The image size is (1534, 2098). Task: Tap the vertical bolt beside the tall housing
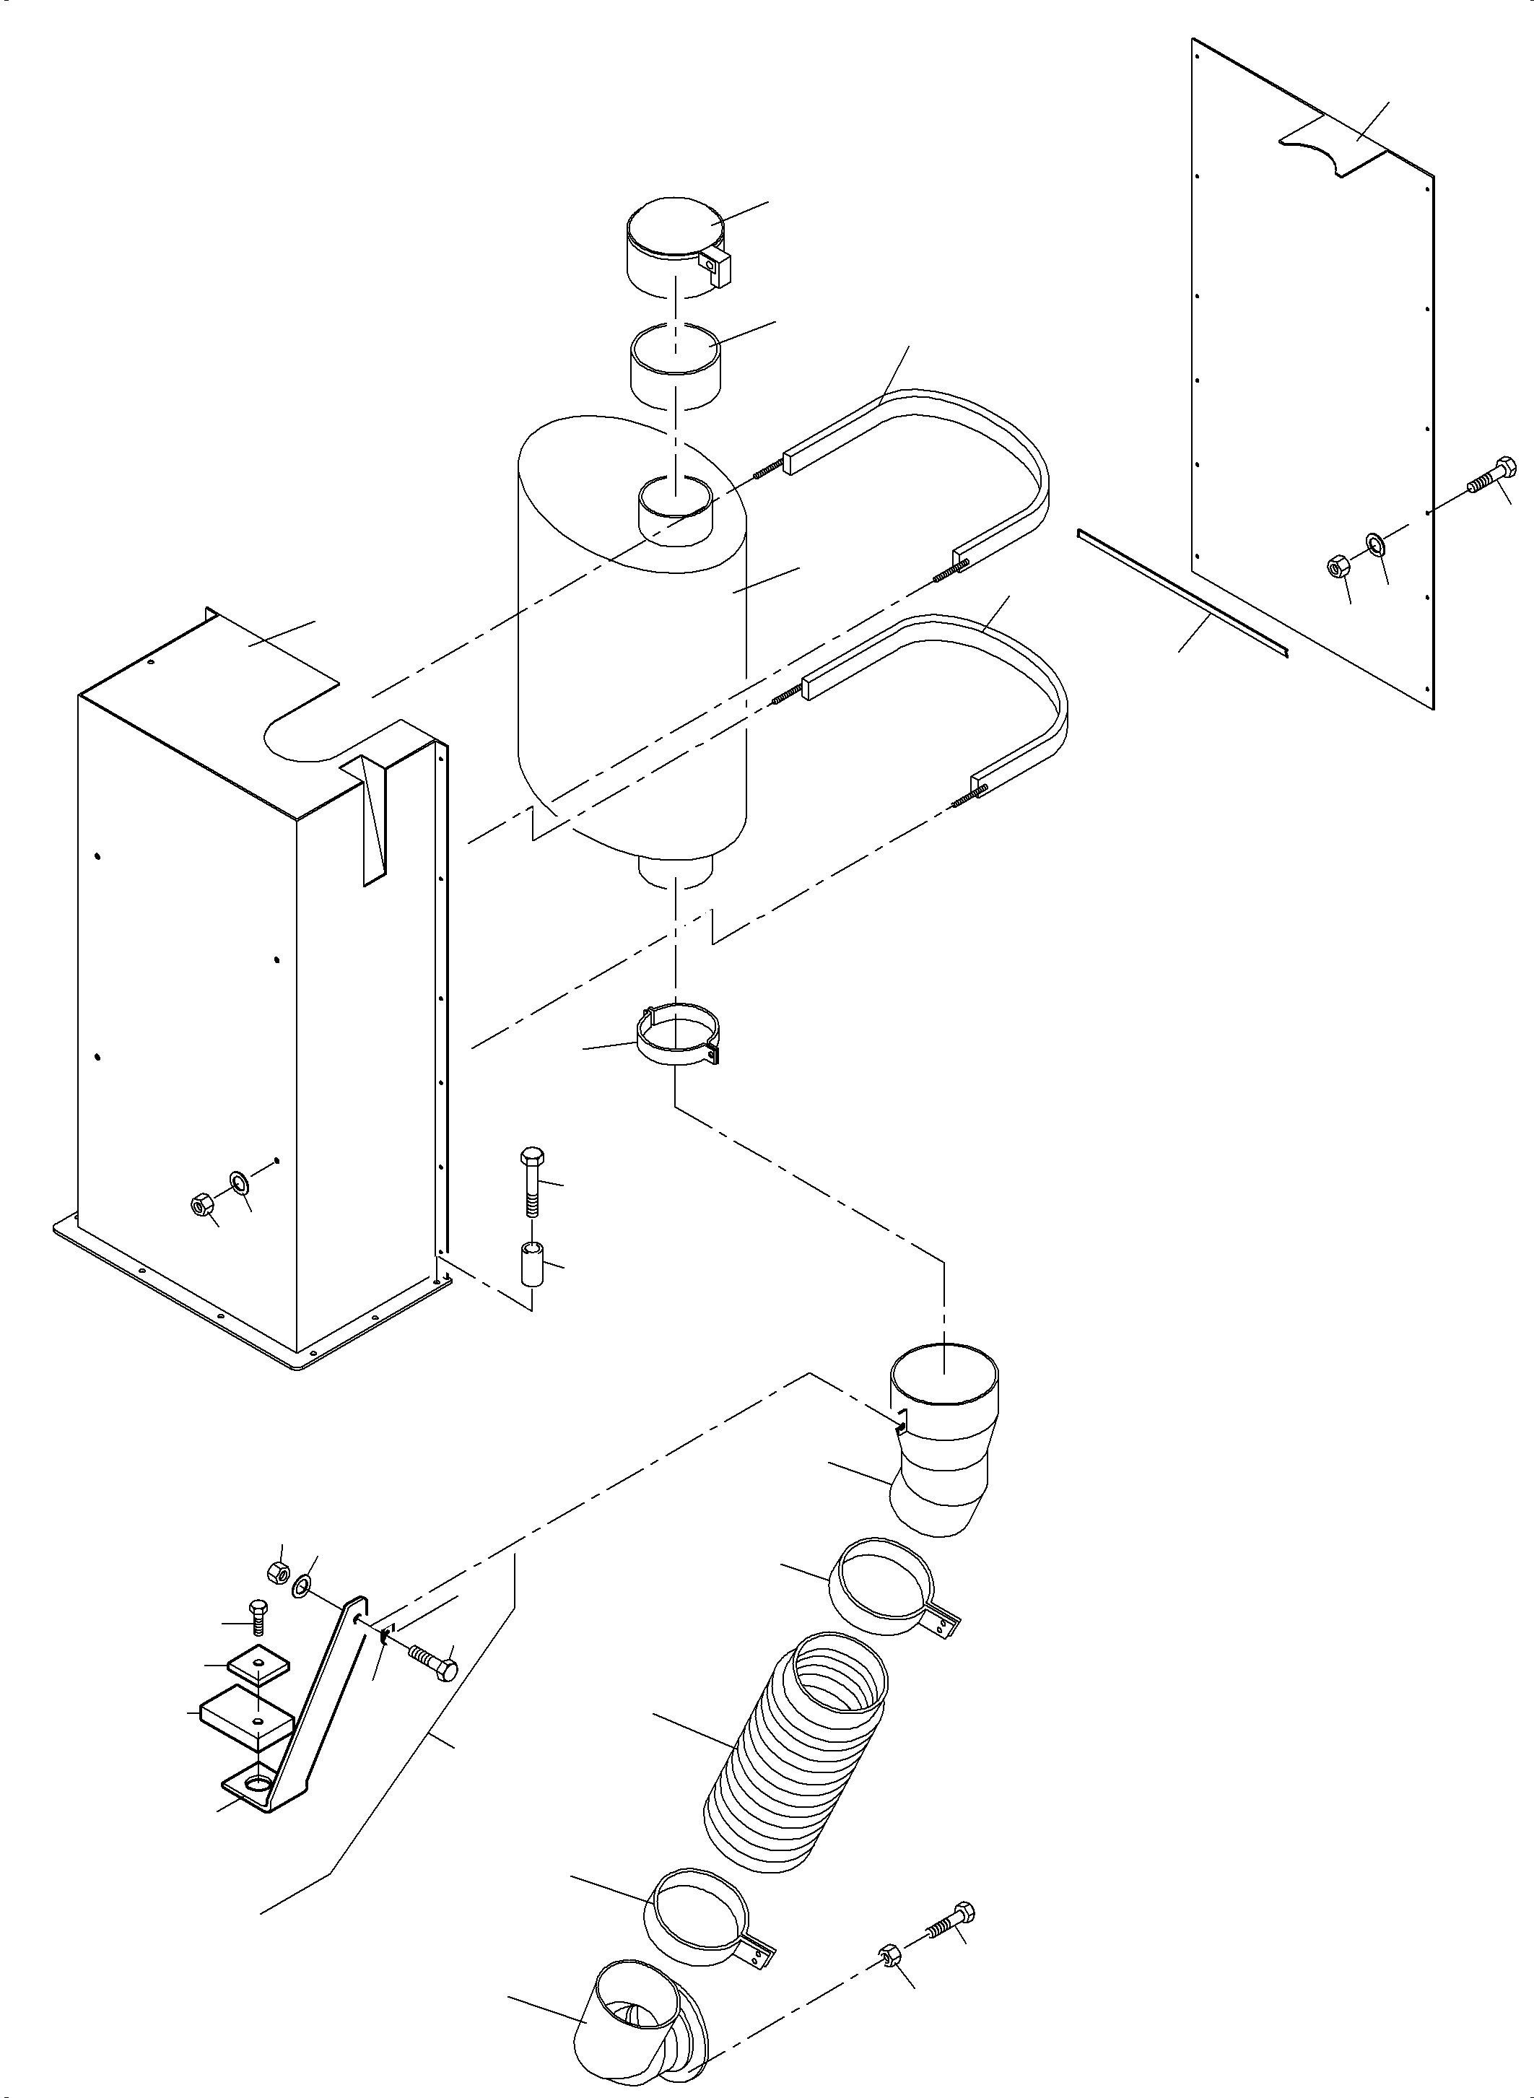532,1185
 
